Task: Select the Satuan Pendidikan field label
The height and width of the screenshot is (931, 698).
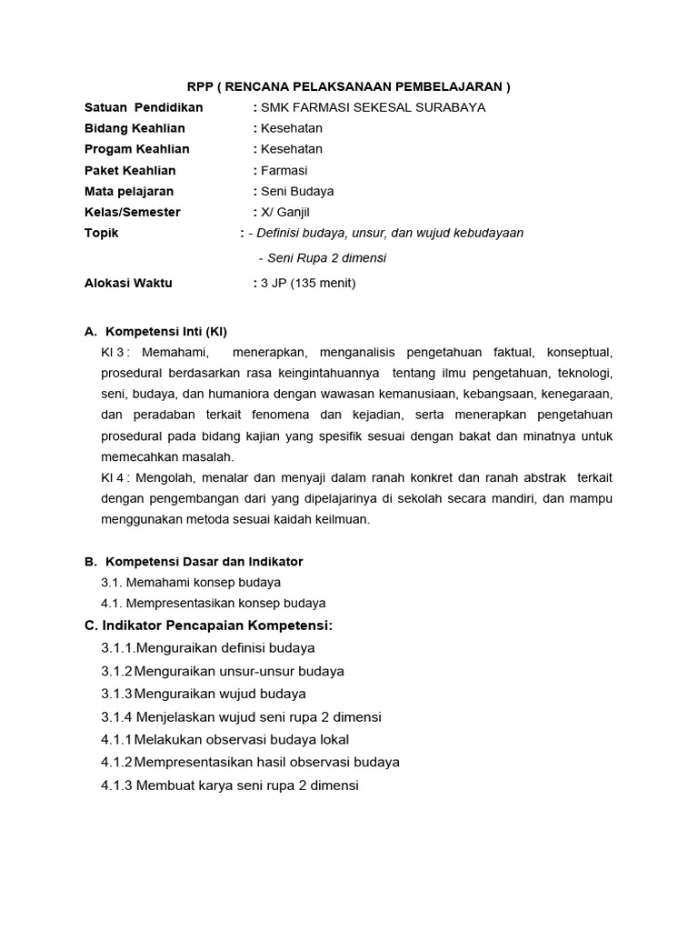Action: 144,107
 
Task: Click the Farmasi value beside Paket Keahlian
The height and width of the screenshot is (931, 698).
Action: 284,171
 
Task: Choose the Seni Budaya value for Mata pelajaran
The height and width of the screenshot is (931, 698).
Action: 297,192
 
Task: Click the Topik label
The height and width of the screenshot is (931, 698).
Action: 101,234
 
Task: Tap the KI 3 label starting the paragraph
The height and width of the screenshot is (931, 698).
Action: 115,353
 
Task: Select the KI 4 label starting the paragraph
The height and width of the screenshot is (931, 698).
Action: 115,478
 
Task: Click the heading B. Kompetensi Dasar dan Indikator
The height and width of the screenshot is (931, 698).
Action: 194,562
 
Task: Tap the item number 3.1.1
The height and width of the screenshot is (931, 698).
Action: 117,648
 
